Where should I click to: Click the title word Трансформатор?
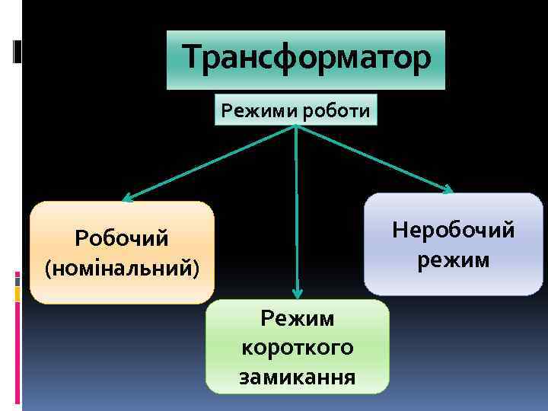click(x=306, y=57)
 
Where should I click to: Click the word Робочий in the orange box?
click(x=122, y=239)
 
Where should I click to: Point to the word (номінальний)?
click(x=122, y=269)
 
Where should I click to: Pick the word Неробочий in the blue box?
click(x=453, y=230)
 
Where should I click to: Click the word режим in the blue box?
click(x=453, y=260)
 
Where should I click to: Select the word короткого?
click(x=297, y=347)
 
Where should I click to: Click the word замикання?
click(x=297, y=377)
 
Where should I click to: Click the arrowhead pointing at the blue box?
click(x=448, y=190)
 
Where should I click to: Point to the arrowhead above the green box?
click(x=298, y=292)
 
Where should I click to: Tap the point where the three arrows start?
click(x=295, y=126)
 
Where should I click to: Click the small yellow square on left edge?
click(x=17, y=294)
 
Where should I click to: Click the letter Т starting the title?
click(x=193, y=57)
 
